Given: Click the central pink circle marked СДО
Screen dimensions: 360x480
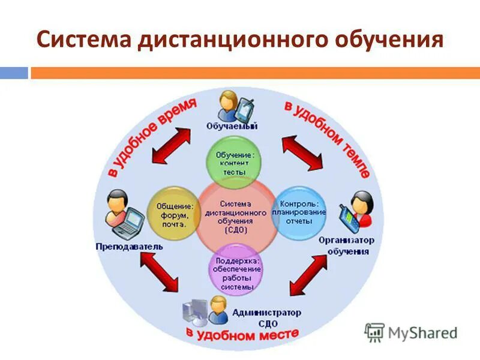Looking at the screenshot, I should pyautogui.click(x=235, y=216).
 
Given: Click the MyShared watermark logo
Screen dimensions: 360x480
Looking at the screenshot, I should pyautogui.click(x=412, y=332).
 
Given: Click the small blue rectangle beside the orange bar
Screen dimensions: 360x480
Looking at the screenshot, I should pyautogui.click(x=13, y=73).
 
